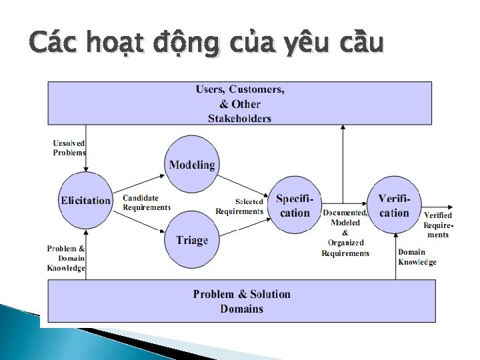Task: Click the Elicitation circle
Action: pos(85,200)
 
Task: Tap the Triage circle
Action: pos(192,240)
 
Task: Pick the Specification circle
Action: pos(295,205)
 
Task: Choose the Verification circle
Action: pos(394,205)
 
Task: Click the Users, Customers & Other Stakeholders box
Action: pos(239,103)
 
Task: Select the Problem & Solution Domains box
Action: pos(241,301)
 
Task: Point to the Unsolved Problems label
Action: pos(69,147)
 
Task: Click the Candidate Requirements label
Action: pos(146,203)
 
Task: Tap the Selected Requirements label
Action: pos(239,206)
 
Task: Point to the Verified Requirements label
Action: pos(438,225)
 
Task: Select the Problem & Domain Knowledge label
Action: pos(66,258)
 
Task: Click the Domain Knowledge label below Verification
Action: pos(417,257)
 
